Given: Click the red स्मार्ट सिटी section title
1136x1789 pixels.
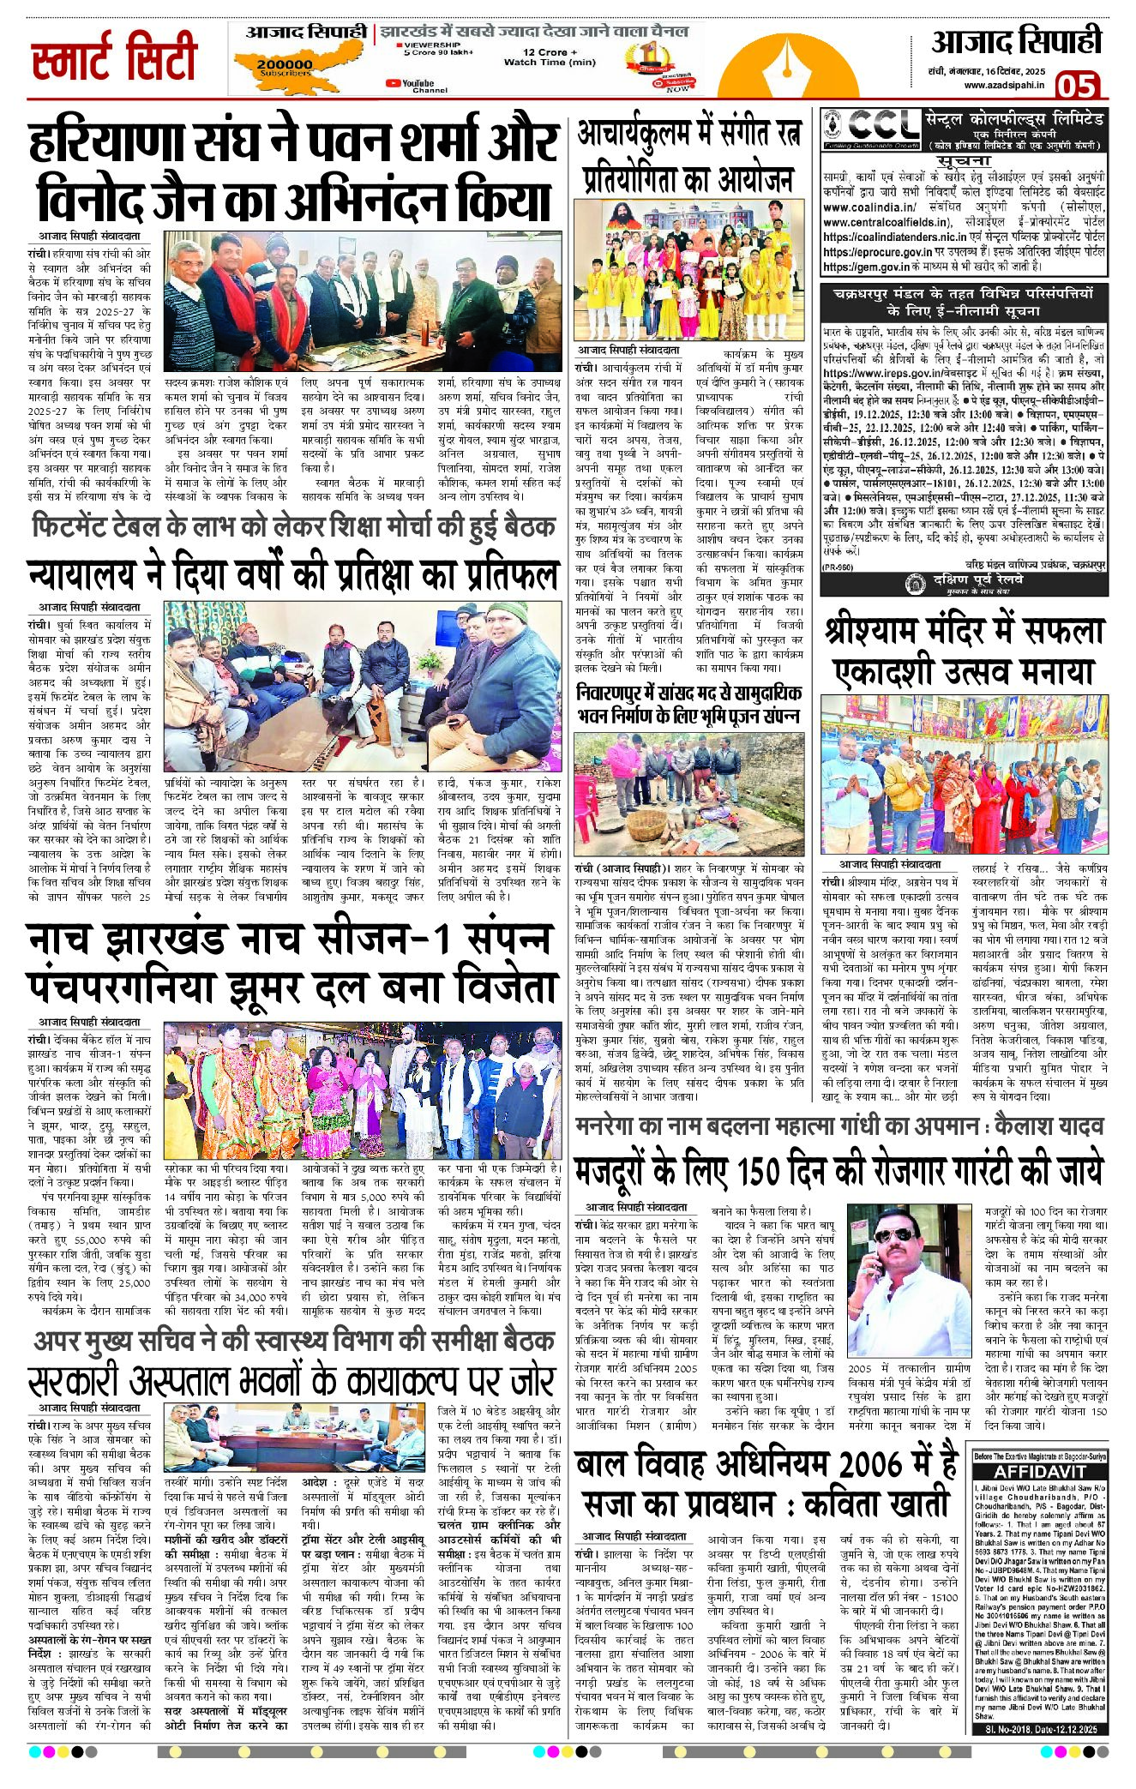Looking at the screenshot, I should (114, 59).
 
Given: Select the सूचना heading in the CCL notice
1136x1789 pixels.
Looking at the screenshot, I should (964, 161).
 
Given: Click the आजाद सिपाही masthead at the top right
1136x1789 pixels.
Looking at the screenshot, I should (1015, 42).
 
